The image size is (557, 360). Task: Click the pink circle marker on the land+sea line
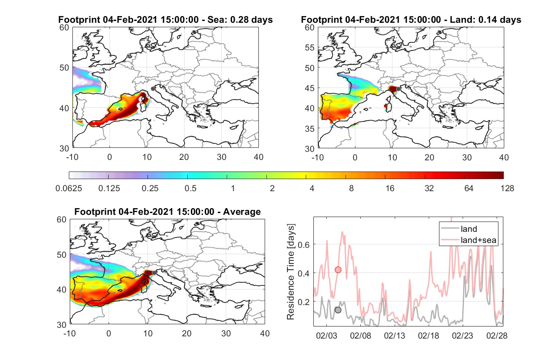click(x=338, y=270)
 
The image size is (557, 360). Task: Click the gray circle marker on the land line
click(x=338, y=310)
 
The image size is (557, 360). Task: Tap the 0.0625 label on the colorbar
click(x=69, y=188)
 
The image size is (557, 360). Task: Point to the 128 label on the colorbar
click(x=507, y=188)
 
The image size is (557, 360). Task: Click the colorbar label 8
click(x=351, y=188)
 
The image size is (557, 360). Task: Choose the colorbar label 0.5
click(x=190, y=188)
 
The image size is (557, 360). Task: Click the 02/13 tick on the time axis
click(x=394, y=335)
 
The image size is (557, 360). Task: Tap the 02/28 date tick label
click(x=497, y=335)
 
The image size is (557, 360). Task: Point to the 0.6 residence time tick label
click(x=304, y=245)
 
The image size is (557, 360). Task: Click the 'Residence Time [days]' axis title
click(x=291, y=272)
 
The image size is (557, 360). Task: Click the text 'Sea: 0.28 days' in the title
click(x=240, y=19)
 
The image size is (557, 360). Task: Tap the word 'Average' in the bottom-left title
click(x=242, y=212)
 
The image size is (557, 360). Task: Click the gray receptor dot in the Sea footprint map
click(x=153, y=89)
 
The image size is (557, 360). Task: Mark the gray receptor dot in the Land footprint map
click(x=398, y=89)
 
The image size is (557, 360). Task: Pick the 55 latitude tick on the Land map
click(x=310, y=47)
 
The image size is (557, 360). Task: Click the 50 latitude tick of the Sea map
click(x=64, y=67)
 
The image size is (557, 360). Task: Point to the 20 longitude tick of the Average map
click(x=186, y=333)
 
